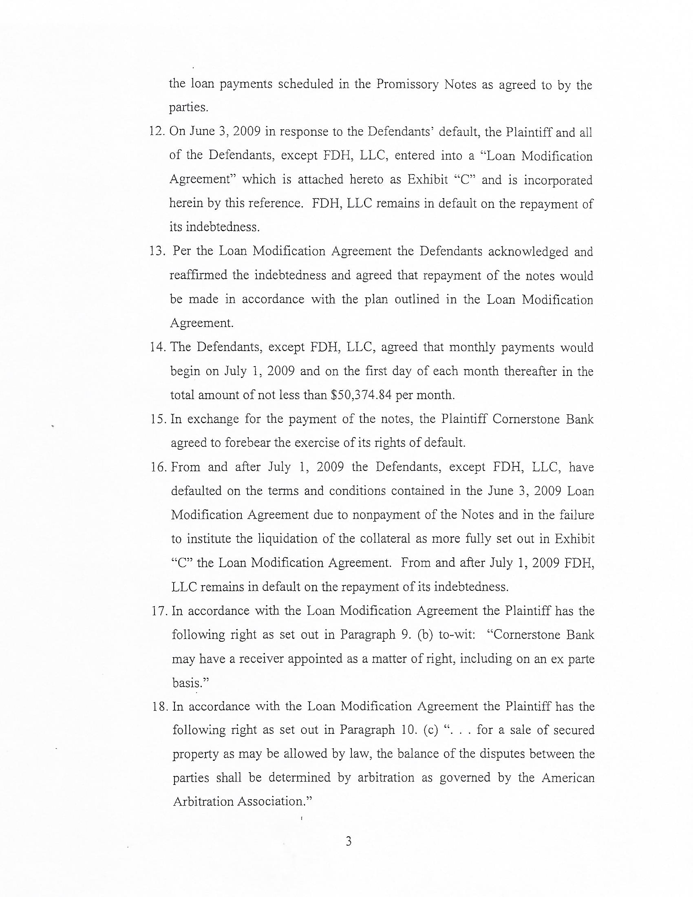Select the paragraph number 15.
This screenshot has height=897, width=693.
click(158, 420)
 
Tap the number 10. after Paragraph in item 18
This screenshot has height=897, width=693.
click(410, 731)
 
